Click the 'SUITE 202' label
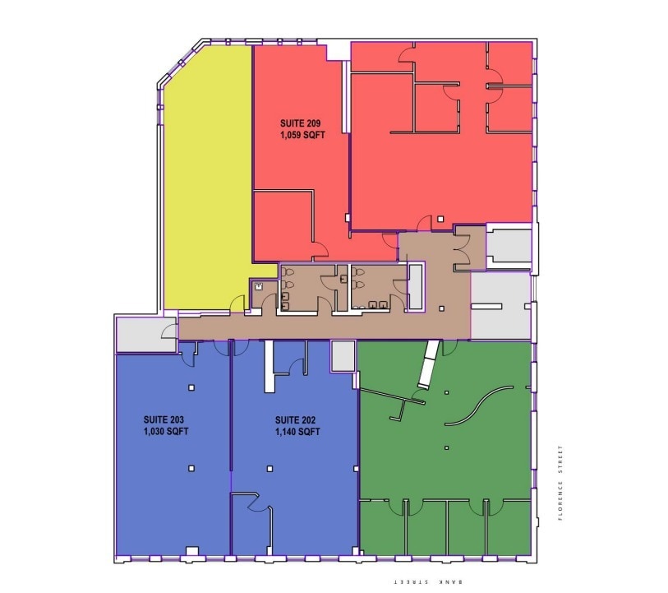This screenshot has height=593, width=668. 297,419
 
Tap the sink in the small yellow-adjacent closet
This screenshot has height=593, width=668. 258,286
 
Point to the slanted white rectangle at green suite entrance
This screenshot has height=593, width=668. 428,364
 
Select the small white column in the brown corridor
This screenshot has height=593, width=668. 441,308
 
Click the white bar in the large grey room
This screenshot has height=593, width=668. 486,306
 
